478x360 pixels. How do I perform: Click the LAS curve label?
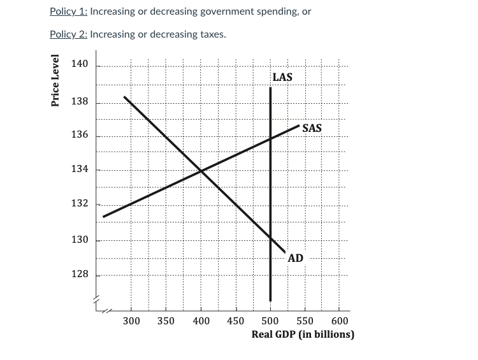click(282, 77)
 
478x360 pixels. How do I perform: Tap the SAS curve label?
click(312, 128)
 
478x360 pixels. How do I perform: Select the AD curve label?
click(295, 258)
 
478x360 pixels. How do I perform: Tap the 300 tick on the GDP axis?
click(131, 321)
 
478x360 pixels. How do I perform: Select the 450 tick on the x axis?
click(235, 321)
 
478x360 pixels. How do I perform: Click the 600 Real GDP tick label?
click(340, 321)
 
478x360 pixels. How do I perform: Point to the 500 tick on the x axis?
click(270, 321)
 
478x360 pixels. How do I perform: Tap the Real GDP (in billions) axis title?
click(303, 334)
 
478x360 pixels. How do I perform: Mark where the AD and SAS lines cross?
click(201, 171)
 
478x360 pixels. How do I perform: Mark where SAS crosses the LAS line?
click(270, 138)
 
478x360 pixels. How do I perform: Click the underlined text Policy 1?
click(69, 11)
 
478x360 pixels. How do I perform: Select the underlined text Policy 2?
click(69, 34)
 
